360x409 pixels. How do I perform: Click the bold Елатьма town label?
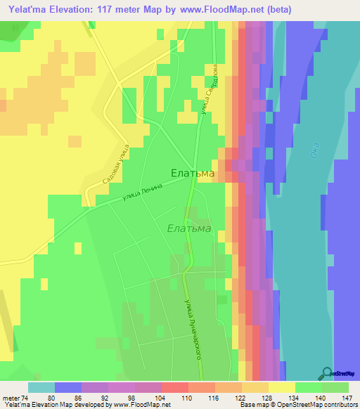tap(193, 172)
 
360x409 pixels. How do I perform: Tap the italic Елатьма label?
tap(189, 228)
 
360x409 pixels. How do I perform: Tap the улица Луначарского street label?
tap(192, 329)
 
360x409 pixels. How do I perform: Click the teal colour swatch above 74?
tap(41, 387)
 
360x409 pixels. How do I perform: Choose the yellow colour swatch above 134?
tap(282, 387)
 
